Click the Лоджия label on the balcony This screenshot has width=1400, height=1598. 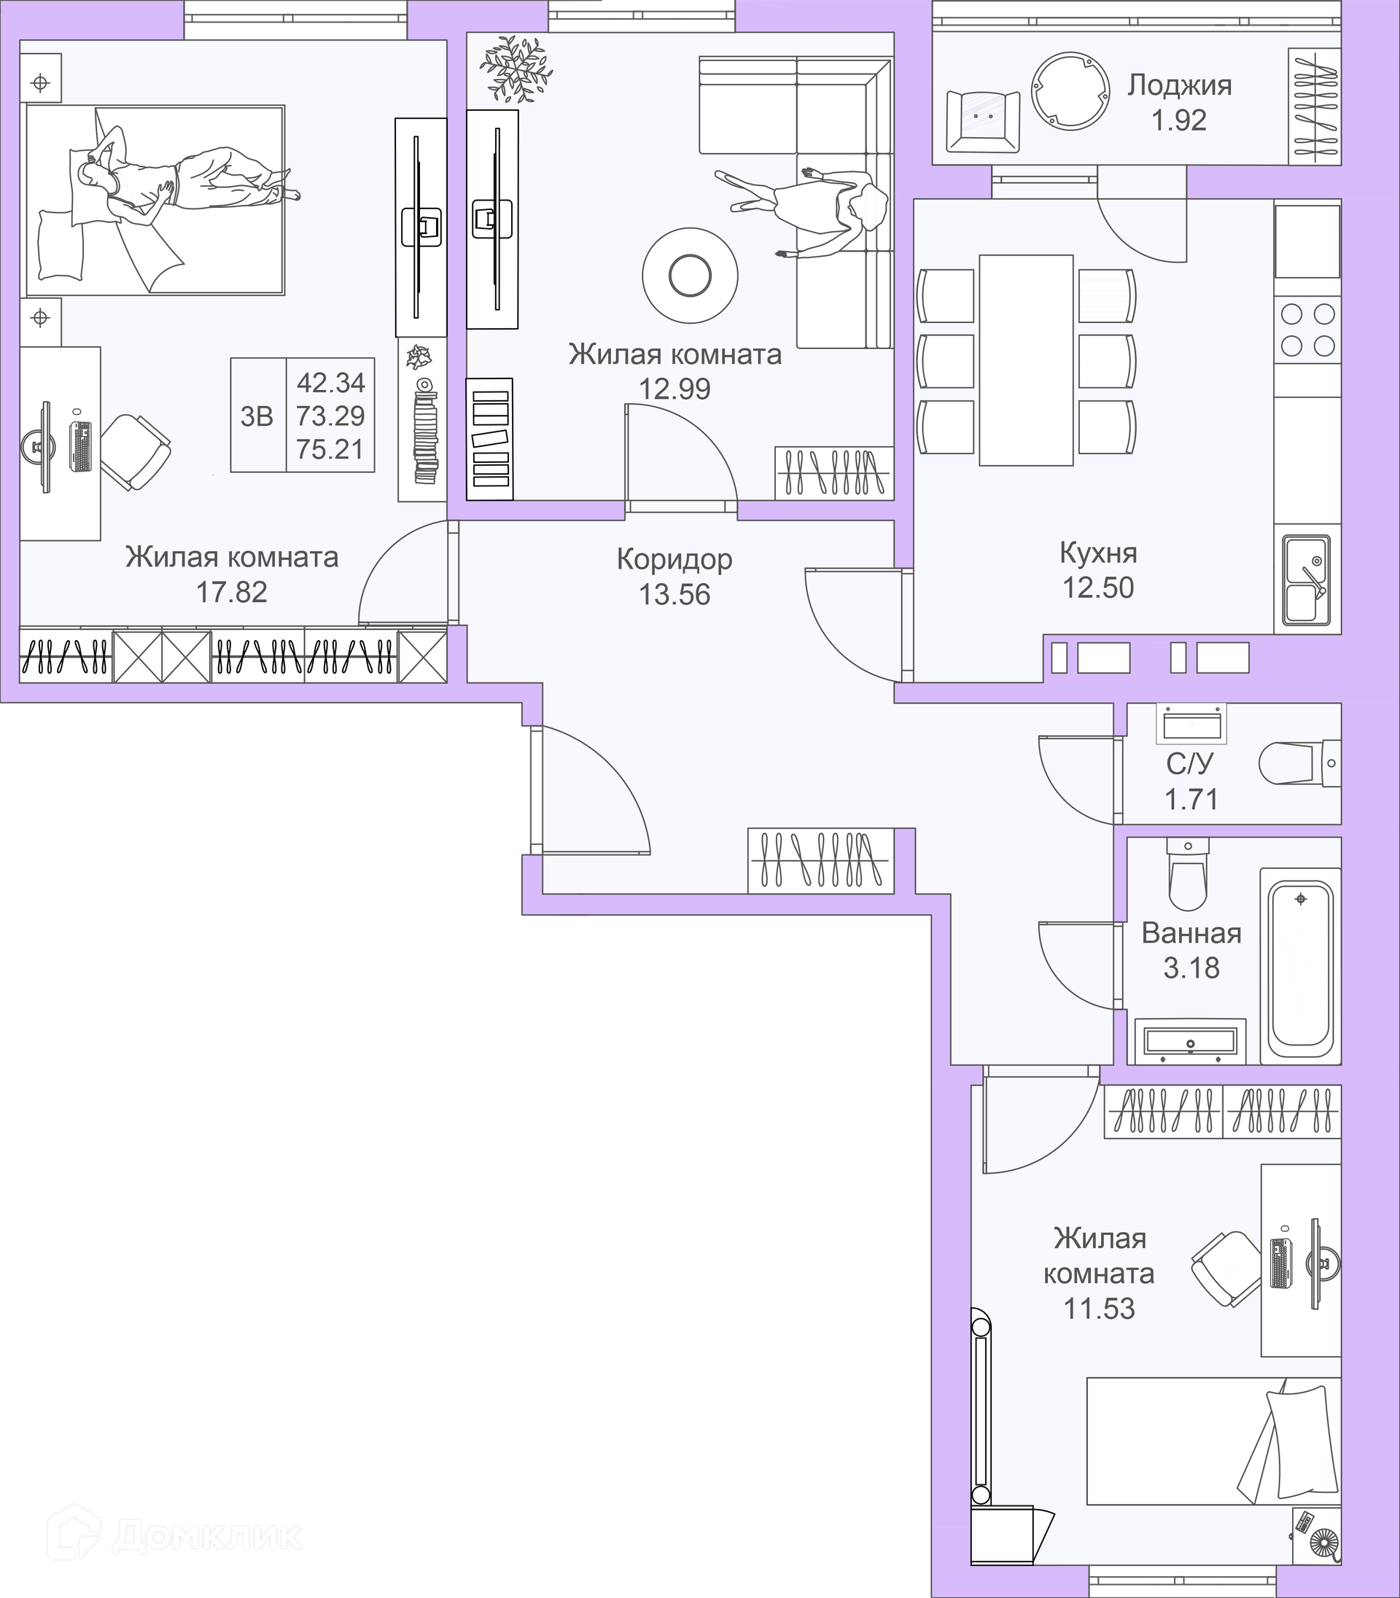point(1179,86)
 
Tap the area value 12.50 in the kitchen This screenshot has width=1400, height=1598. point(1097,588)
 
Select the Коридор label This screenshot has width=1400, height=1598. point(674,559)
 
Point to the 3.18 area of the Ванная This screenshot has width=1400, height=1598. point(1191,967)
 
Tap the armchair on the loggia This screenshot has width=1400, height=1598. point(983,121)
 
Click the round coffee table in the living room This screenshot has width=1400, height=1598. point(690,274)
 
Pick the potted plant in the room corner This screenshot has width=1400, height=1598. point(516,69)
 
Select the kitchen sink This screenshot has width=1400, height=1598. point(1307,579)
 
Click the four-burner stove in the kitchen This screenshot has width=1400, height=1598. point(1307,329)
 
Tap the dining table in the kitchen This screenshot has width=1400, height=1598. point(1026,360)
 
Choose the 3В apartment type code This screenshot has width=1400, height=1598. point(256,417)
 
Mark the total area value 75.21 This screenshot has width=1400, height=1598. point(330,450)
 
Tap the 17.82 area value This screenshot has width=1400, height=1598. point(231,592)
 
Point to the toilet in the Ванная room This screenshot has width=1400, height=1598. point(1188,874)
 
